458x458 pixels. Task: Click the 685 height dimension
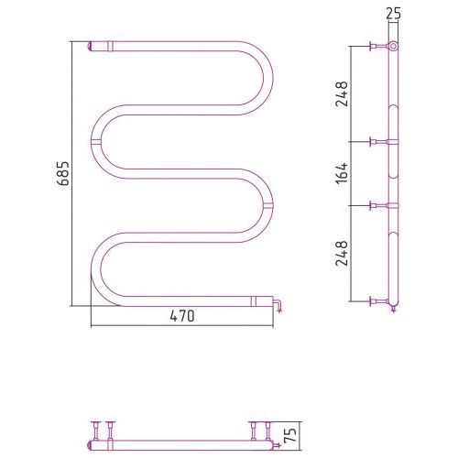point(64,173)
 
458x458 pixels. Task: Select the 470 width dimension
point(182,316)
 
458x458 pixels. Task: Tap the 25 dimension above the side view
point(393,14)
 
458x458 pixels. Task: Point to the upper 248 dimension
point(342,93)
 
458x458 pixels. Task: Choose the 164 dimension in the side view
point(342,173)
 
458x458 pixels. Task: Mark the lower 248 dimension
point(342,253)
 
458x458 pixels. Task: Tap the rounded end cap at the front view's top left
point(90,46)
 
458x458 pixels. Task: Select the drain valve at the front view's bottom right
point(278,305)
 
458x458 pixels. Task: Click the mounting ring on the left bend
point(96,141)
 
